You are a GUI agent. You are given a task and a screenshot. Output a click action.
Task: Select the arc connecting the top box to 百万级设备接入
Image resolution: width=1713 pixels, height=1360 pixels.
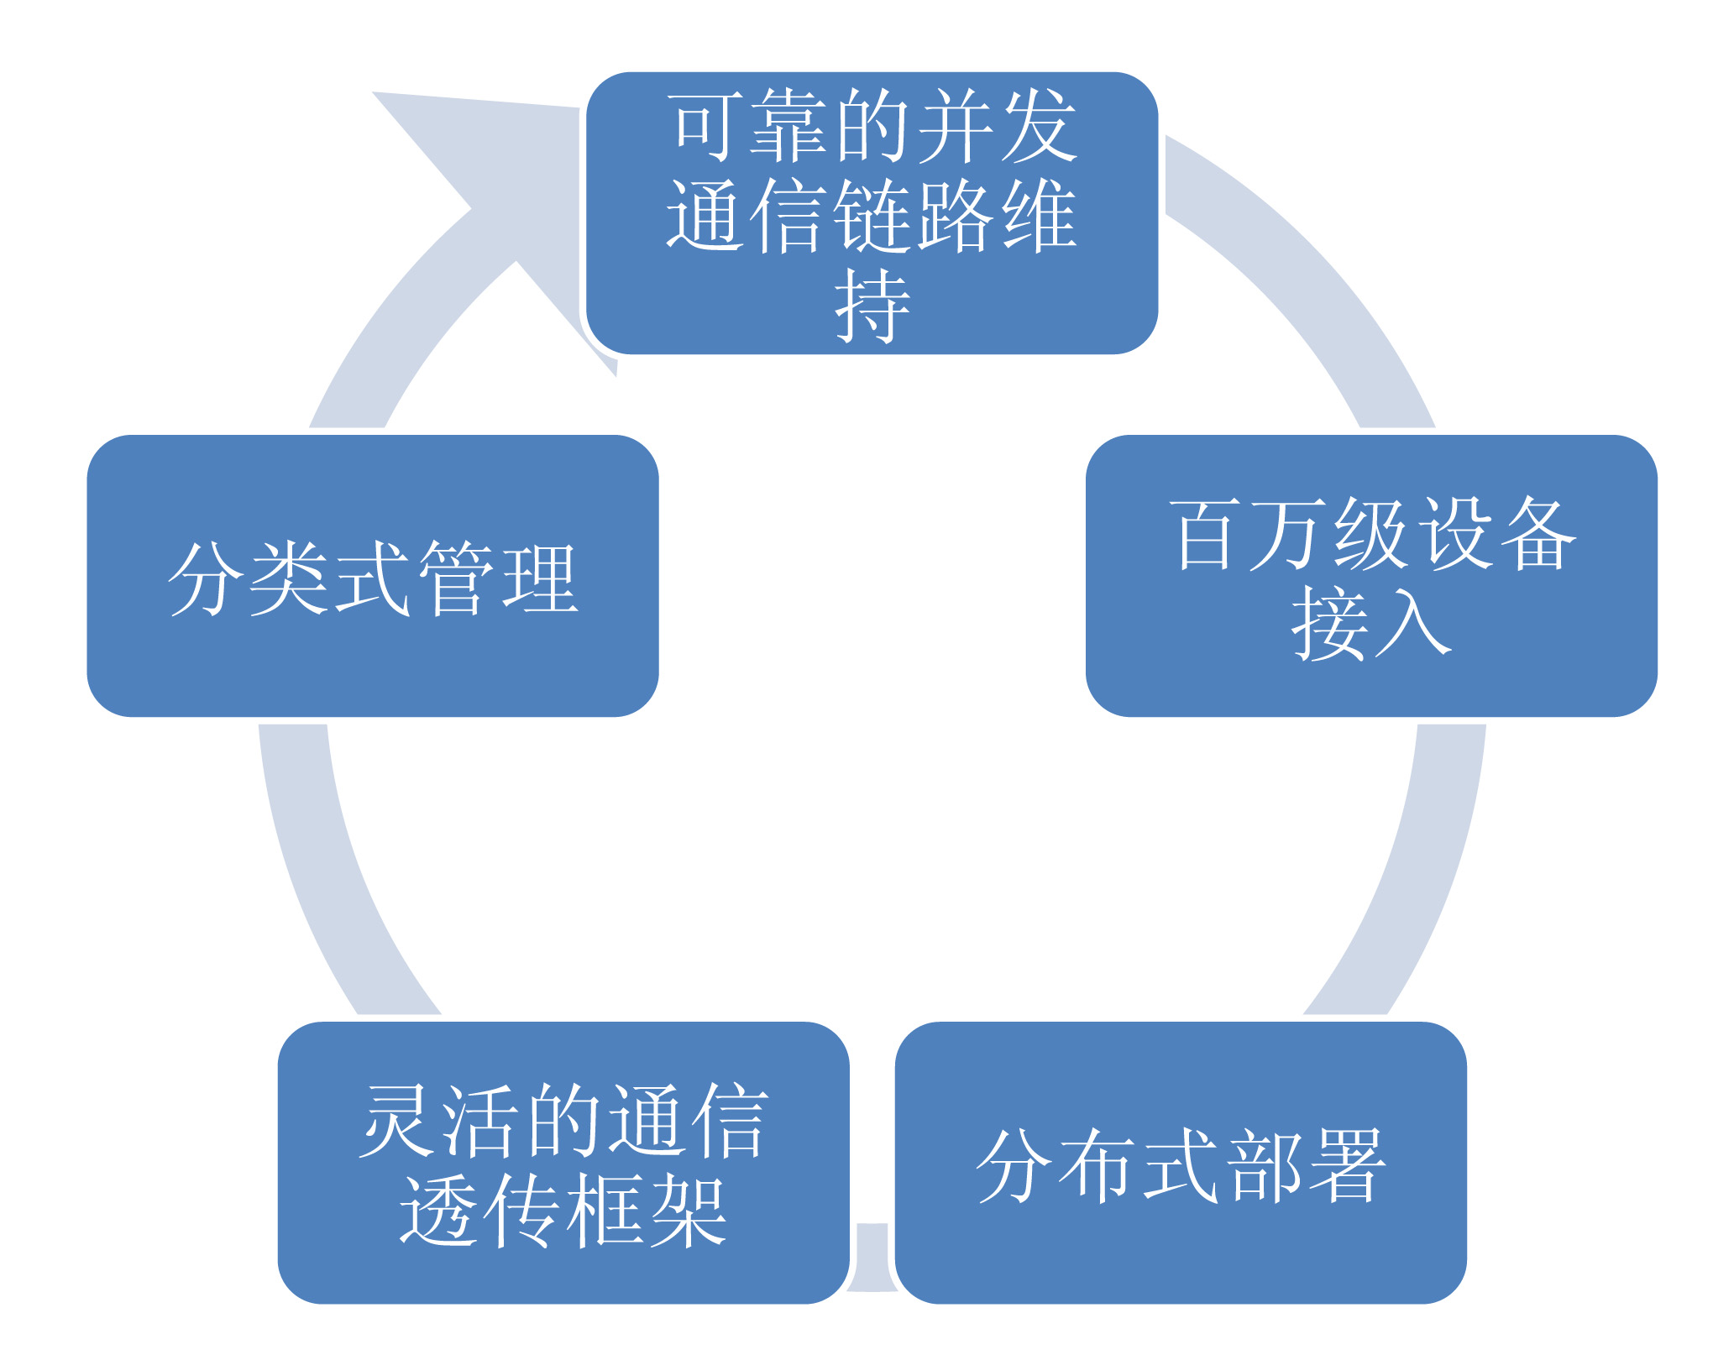click(x=1310, y=277)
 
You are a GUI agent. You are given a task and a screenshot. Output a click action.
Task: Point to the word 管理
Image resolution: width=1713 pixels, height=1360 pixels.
click(x=497, y=578)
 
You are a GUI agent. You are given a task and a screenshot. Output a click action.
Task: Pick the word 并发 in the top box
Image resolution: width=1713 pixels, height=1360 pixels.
click(x=996, y=126)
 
